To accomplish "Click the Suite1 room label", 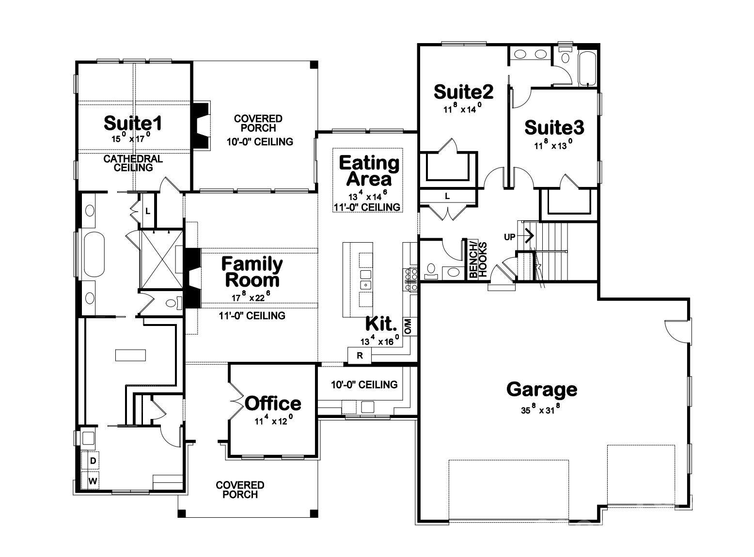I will coord(133,124).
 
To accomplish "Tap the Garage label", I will coord(541,389).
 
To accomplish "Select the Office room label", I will coord(273,403).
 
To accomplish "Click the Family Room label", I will coord(252,272).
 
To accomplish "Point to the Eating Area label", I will coord(369,170).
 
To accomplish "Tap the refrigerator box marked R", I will coord(360,356).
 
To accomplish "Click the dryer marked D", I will coord(93,461).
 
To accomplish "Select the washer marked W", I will coord(93,481).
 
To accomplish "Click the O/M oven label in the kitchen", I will coord(408,326).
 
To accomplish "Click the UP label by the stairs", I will coord(509,237).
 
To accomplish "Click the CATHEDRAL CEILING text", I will coord(133,163).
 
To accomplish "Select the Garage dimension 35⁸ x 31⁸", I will coord(541,410).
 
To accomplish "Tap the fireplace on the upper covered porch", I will coord(201,125).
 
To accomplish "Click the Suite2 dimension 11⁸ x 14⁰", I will coord(462,109).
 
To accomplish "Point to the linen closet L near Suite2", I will coord(447,196).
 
